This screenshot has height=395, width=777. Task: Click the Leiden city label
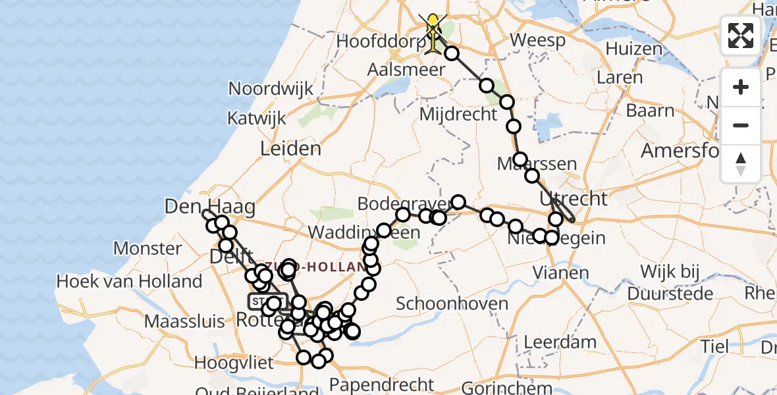tap(290, 149)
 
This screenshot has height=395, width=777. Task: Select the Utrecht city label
tap(573, 197)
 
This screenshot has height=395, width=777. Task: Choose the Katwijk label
tap(257, 118)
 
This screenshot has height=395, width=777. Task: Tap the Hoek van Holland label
tap(129, 282)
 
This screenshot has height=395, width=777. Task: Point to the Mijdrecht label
tap(458, 114)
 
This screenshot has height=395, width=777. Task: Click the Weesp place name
tap(537, 41)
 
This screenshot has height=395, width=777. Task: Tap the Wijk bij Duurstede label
tap(670, 281)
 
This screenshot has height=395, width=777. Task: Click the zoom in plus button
tap(741, 88)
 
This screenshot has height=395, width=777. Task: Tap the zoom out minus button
tap(741, 125)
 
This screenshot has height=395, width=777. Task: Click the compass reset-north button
tap(741, 163)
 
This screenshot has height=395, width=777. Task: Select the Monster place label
tap(147, 249)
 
